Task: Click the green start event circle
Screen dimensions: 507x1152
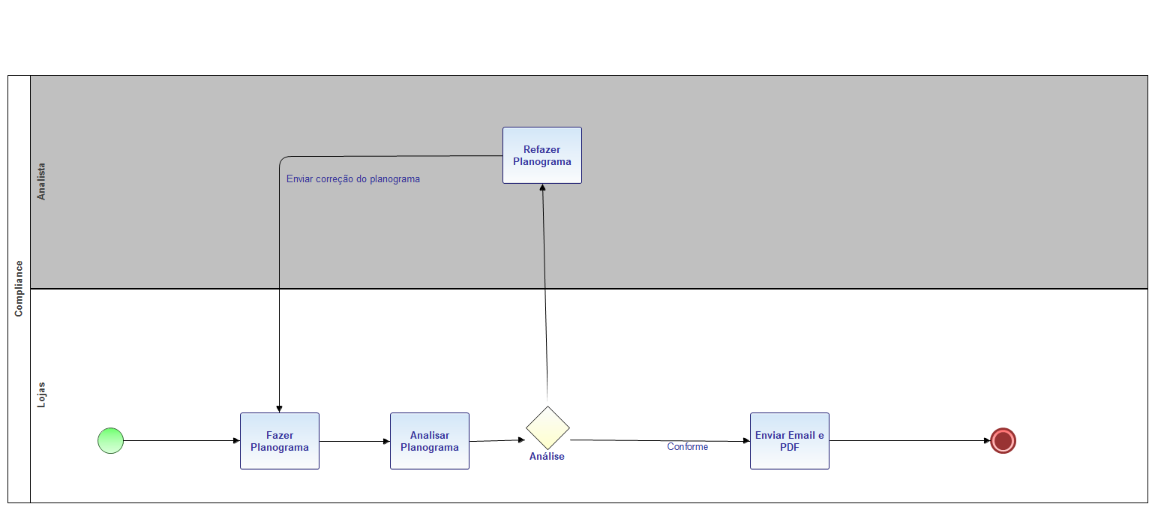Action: [110, 440]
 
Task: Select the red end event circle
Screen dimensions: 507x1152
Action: [1003, 441]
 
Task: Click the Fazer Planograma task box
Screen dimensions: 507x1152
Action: [280, 441]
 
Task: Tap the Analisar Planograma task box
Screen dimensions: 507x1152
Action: [430, 441]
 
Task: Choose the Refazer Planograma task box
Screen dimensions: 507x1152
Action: [542, 155]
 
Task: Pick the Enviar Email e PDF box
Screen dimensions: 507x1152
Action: [790, 441]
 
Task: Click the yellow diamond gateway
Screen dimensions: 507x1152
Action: [547, 427]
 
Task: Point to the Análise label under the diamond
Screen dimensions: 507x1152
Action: [547, 456]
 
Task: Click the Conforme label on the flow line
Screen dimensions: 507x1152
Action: [688, 447]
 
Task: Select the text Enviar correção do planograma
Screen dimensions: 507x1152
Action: [353, 179]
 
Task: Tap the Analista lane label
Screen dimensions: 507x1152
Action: [42, 181]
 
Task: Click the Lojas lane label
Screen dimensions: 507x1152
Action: [42, 394]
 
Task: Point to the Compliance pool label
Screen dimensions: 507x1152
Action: [19, 288]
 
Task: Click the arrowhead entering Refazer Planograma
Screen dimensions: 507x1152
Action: [542, 187]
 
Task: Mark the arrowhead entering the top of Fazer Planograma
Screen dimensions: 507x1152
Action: [279, 409]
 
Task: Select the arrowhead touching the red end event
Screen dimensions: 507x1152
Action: [986, 441]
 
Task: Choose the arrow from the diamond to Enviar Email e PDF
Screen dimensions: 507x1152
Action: [660, 440]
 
